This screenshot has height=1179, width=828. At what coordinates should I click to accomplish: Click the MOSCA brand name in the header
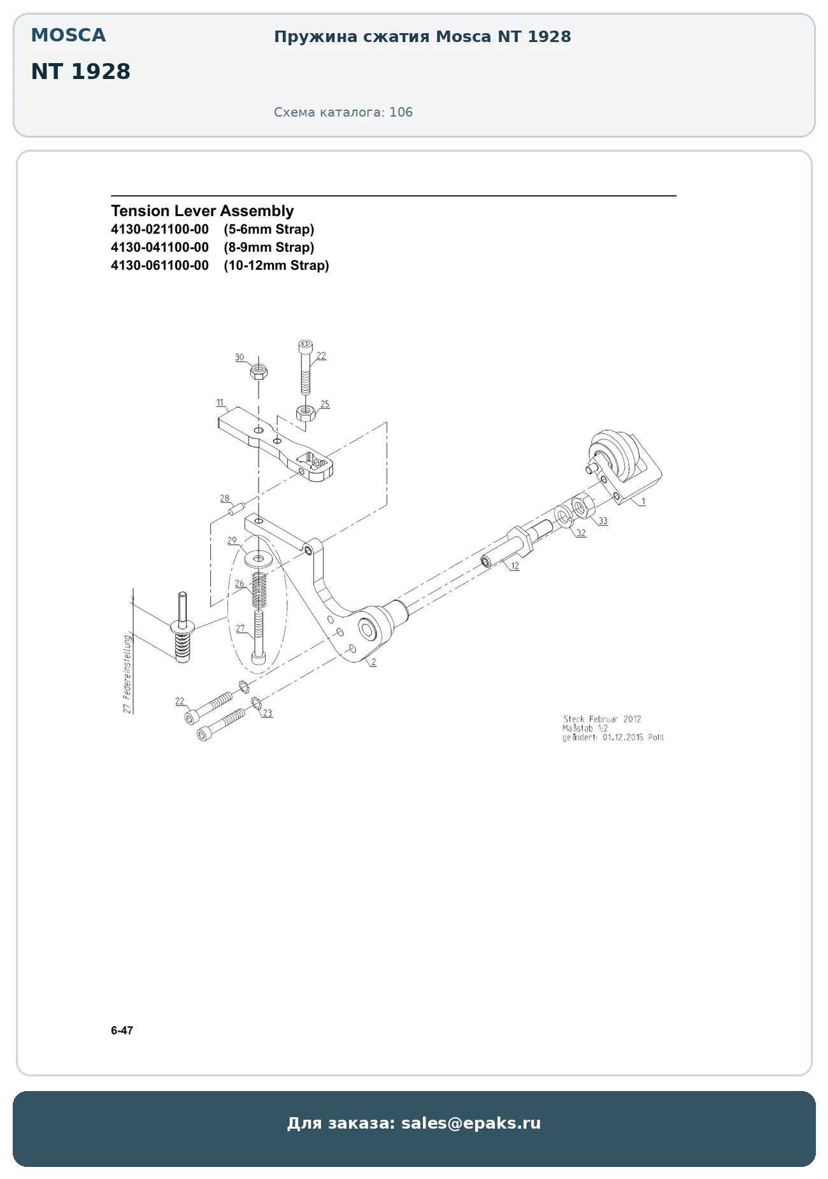[x=68, y=35]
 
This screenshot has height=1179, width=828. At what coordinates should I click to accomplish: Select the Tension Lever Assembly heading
[x=203, y=211]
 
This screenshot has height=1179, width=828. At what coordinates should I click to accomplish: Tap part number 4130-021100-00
[x=160, y=229]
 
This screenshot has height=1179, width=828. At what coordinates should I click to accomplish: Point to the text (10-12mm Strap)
[x=276, y=265]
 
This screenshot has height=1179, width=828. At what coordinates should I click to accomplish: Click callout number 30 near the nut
[x=239, y=358]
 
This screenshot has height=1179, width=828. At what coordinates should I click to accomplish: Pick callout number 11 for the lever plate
[x=220, y=403]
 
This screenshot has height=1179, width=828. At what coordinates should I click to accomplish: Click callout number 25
[x=325, y=404]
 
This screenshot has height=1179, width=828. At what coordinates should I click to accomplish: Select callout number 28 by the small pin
[x=225, y=498]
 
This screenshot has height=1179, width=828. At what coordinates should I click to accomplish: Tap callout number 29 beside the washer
[x=232, y=540]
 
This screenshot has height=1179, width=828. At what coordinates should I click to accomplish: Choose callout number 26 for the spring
[x=239, y=583]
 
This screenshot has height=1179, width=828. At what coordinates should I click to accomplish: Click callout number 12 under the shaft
[x=515, y=566]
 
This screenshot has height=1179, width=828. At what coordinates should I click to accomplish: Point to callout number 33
[x=603, y=521]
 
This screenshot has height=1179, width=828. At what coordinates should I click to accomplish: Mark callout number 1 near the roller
[x=643, y=502]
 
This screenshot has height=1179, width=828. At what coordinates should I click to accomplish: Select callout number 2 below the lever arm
[x=374, y=662]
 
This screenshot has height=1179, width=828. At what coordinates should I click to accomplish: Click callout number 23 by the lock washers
[x=268, y=713]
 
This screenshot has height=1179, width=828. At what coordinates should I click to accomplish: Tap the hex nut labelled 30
[x=259, y=371]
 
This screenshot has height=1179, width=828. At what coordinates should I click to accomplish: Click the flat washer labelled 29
[x=259, y=560]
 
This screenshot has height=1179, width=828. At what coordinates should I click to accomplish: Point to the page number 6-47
[x=122, y=1031]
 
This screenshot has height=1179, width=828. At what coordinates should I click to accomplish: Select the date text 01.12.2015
[x=624, y=737]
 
